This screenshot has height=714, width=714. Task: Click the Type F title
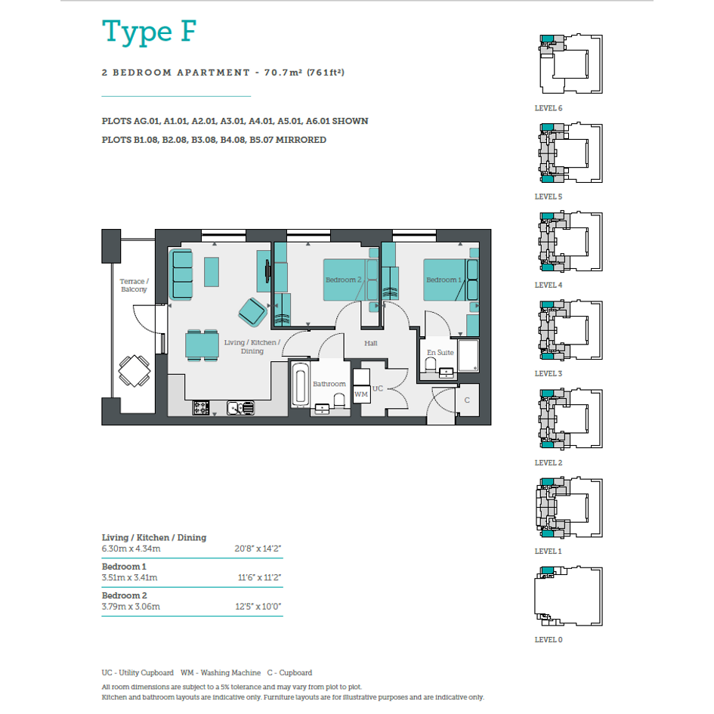149,32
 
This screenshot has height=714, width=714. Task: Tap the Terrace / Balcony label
134,285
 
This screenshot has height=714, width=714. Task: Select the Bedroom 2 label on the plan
343,280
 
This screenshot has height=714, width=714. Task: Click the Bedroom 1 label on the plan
444,280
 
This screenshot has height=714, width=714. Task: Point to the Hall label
371,343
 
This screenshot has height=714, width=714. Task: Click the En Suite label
440,352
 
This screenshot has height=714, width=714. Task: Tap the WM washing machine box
361,394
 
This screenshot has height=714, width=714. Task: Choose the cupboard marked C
468,400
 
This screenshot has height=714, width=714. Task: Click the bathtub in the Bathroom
300,385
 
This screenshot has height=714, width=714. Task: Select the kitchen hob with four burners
201,407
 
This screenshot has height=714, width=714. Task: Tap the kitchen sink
240,407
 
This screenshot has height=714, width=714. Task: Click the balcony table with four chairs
134,371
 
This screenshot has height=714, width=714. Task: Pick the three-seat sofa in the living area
181,274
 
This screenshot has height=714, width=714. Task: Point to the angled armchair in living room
252,312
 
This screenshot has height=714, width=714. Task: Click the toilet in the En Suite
431,365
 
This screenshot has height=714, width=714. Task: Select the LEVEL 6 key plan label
549,108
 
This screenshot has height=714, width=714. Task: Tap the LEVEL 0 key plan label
549,640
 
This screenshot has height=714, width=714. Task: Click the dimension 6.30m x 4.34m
131,549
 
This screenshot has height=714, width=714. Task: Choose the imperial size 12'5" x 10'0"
258,607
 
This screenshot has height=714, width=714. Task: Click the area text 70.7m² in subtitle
283,73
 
